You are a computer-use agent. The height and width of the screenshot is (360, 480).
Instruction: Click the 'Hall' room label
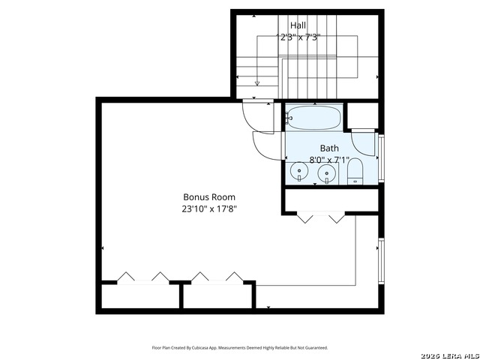[298, 26]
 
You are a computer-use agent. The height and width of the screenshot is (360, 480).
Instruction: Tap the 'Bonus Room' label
[204, 197]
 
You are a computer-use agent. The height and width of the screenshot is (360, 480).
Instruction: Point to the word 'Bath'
[329, 148]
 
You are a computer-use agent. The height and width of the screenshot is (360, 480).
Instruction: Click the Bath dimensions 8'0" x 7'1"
[329, 159]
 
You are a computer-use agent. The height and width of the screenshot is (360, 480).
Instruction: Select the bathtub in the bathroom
[313, 118]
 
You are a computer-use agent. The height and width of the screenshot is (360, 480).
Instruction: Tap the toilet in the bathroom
[355, 172]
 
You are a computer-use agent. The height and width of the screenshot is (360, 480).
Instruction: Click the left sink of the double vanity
[300, 173]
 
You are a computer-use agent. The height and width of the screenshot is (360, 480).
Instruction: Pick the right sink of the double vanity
[326, 174]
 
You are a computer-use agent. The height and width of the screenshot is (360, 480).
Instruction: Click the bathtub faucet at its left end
[289, 118]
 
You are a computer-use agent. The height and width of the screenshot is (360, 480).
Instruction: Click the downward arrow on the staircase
[257, 82]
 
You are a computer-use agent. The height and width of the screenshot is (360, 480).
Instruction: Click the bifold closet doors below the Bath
[321, 217]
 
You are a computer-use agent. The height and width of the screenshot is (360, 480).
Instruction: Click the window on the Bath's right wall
[381, 157]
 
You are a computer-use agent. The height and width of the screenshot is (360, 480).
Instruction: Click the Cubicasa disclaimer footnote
[240, 347]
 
